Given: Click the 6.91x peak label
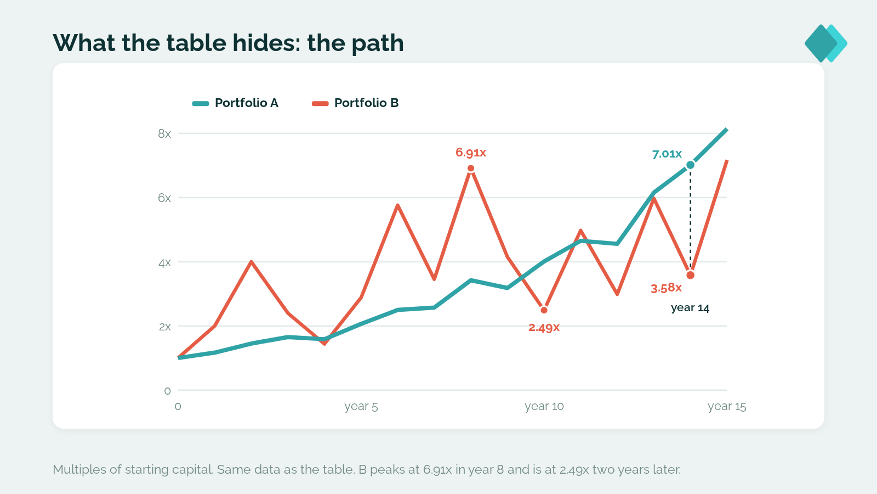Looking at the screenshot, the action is coord(471,152).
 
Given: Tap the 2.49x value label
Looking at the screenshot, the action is coord(544,327).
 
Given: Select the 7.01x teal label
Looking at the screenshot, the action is coord(667,154).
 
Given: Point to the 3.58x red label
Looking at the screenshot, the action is coord(666,288).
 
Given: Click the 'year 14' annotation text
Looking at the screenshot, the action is coord(690,308).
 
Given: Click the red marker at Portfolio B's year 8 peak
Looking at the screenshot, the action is coord(471,169).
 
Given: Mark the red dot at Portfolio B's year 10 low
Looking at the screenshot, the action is coord(544,310).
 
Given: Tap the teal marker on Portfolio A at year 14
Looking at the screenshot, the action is coord(690,165).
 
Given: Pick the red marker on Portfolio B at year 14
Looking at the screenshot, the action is coord(690,275).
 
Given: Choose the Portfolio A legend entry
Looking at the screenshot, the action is coord(235,103).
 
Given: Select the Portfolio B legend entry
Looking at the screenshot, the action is coord(355,103).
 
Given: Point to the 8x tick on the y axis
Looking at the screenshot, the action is coord(164,134).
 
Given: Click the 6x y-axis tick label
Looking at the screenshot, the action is coord(164,198).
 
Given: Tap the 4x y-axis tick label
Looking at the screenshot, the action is coord(164,262).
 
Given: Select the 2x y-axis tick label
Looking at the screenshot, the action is coord(165,327).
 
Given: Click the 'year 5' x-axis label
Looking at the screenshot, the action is coord(361,406).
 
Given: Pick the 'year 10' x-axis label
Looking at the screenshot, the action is coord(544,406).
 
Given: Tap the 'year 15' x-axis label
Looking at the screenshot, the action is coord(727,406).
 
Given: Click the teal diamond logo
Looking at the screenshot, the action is coord(825,43).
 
